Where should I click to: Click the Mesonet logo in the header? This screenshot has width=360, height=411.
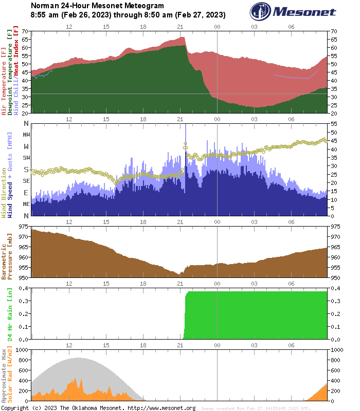click(x=293, y=12)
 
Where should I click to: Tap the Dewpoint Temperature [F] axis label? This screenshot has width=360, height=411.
click(x=10, y=72)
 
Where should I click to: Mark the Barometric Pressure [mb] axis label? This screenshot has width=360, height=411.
click(x=7, y=252)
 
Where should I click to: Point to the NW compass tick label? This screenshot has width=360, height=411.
click(x=26, y=135)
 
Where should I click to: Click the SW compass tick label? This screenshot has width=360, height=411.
click(x=26, y=158)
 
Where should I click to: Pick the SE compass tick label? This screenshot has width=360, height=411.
click(x=26, y=181)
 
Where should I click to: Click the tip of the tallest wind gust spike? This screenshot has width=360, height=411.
click(x=185, y=125)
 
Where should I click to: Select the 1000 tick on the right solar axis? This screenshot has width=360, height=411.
click(x=336, y=349)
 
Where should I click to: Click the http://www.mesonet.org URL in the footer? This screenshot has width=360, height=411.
click(x=161, y=408)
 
